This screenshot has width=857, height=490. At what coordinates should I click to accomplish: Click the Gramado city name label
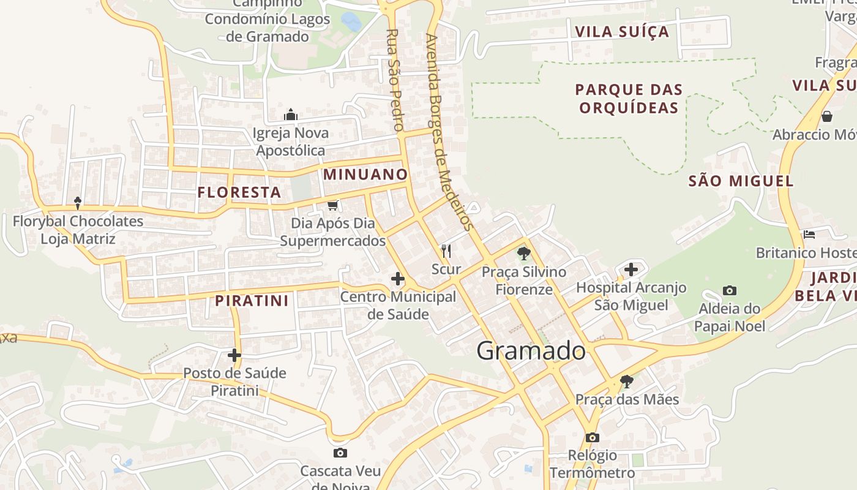click(x=531, y=351)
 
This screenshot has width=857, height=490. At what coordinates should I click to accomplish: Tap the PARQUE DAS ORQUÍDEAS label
click(x=629, y=99)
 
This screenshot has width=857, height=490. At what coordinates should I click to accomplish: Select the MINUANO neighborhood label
click(x=365, y=175)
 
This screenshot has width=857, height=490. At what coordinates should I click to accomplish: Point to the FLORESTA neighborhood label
click(x=239, y=192)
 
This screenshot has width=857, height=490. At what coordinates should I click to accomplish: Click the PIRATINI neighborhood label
click(x=252, y=301)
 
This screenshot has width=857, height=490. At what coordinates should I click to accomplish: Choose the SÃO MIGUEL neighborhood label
click(x=741, y=181)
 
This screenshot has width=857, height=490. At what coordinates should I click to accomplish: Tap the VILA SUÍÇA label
click(x=622, y=32)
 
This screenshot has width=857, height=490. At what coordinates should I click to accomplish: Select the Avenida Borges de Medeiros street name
click(x=449, y=132)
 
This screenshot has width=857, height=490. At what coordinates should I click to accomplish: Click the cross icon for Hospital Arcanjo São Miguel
click(x=631, y=269)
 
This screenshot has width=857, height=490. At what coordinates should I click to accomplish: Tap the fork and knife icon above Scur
click(x=446, y=251)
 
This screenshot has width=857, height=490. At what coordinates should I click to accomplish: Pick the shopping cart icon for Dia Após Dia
click(x=333, y=205)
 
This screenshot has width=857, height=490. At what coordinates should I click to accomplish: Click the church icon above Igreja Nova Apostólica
click(x=291, y=115)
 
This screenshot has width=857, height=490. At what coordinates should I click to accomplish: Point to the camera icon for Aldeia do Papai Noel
click(x=729, y=290)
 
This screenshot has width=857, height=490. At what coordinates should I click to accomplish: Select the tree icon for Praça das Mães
click(x=626, y=382)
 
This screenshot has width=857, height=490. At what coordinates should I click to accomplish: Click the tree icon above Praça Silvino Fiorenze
click(x=523, y=253)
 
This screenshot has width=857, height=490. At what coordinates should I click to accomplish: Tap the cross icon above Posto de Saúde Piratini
click(x=234, y=355)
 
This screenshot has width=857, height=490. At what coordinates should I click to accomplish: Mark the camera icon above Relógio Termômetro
click(x=592, y=437)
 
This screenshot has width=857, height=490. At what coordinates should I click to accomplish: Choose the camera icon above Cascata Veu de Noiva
click(x=340, y=453)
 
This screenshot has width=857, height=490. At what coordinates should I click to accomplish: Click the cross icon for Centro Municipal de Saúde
click(x=398, y=279)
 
